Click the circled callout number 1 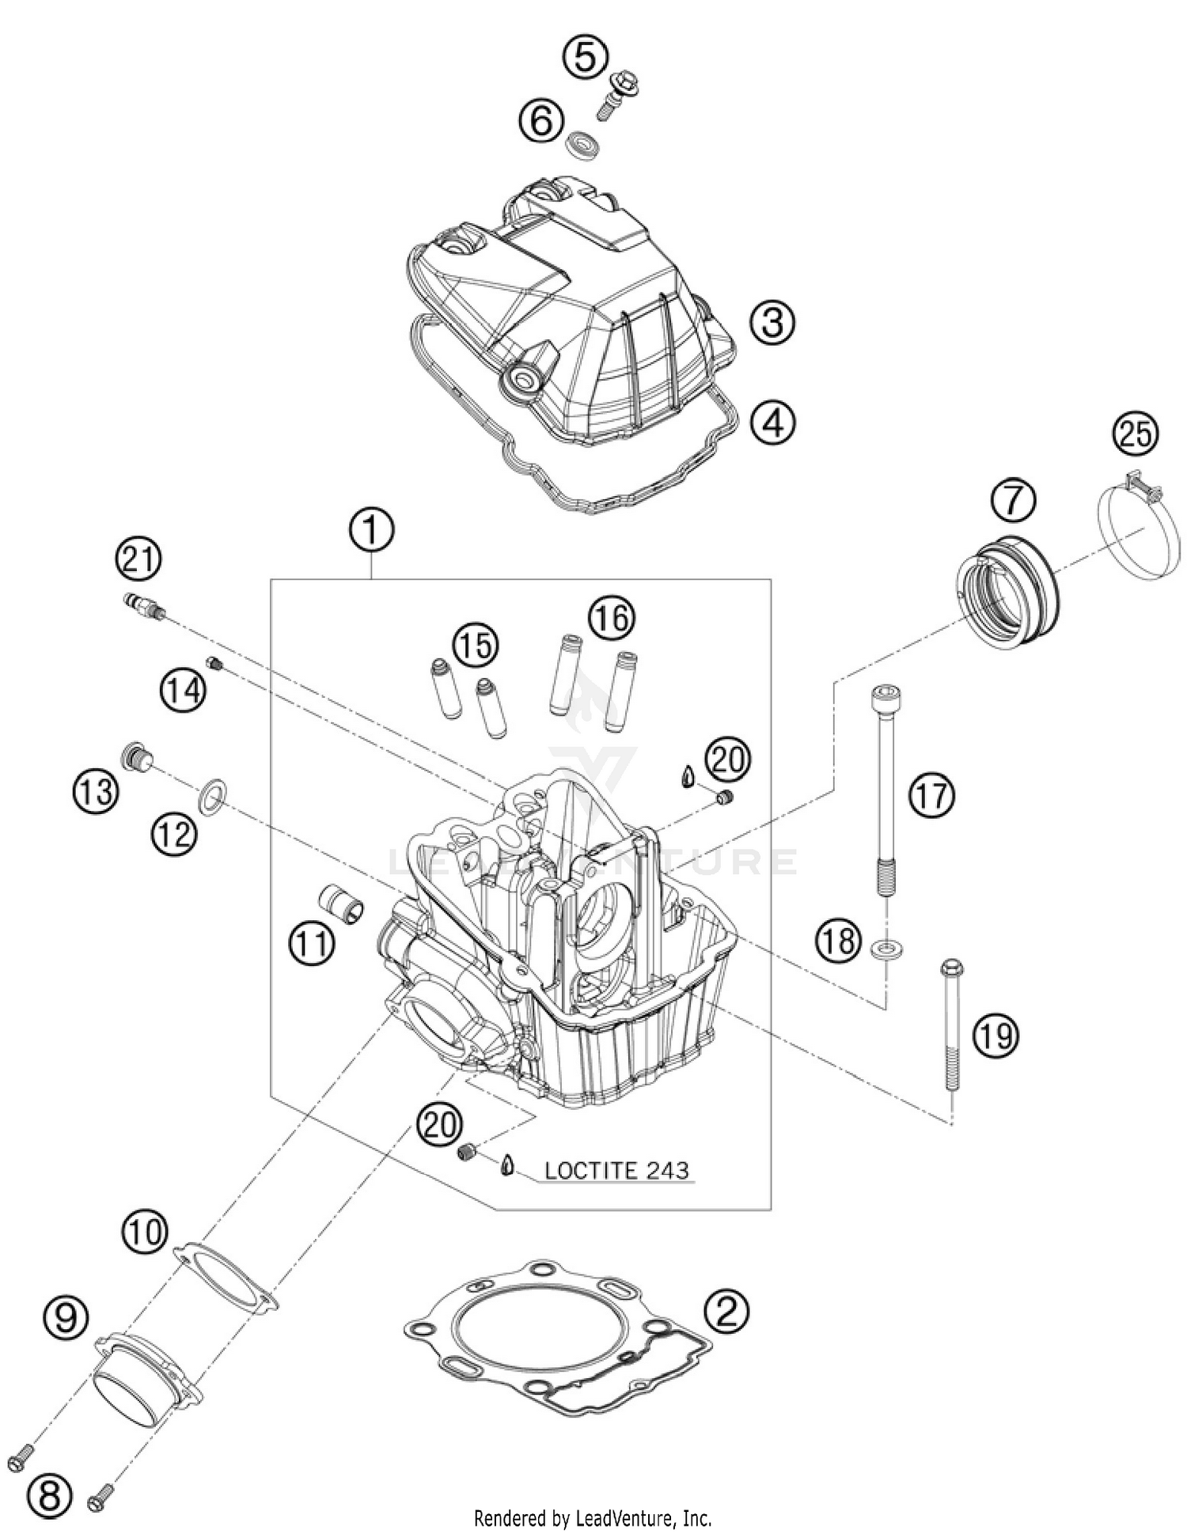pyautogui.click(x=372, y=531)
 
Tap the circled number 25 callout pyautogui.click(x=1136, y=434)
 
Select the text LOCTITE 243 pyautogui.click(x=616, y=1170)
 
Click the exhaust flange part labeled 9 pyautogui.click(x=146, y=1377)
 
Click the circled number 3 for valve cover pyautogui.click(x=772, y=322)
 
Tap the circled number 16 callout pyautogui.click(x=612, y=617)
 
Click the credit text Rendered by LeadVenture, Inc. pyautogui.click(x=592, y=1518)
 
